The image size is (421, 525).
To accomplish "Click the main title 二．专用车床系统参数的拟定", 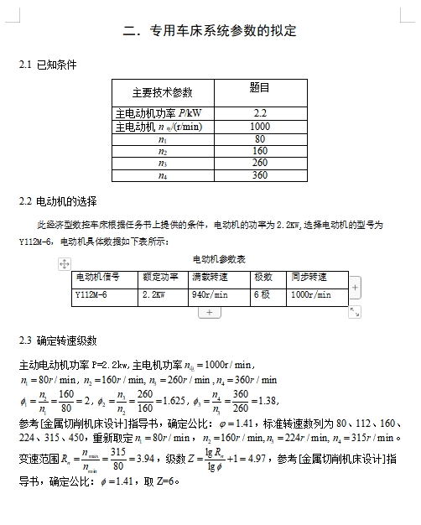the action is (209, 31).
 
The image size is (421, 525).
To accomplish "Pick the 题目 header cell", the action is (260, 87).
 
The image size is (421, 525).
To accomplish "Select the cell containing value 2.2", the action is (260, 112).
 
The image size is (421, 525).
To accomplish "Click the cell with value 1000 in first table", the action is (260, 126).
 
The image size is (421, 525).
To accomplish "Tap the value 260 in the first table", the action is (260, 163).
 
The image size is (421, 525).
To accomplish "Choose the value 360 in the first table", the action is (260, 175).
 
